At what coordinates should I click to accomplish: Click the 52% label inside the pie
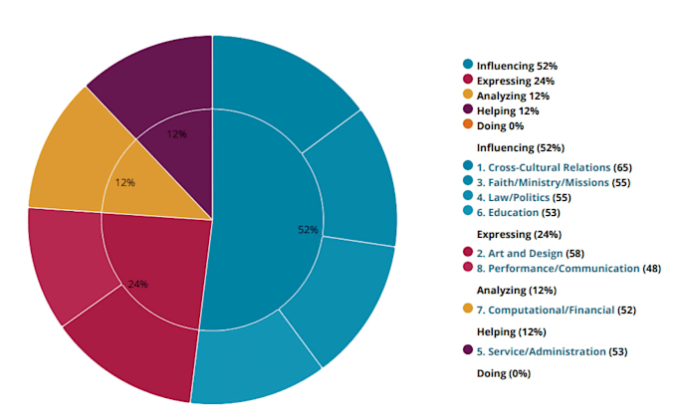tap(308, 230)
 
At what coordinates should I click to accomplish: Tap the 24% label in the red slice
tap(137, 284)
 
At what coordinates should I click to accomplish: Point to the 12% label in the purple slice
tap(176, 134)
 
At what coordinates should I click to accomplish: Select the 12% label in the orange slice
tap(124, 182)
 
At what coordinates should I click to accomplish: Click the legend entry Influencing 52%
tap(517, 66)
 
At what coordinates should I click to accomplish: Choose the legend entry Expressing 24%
tap(516, 81)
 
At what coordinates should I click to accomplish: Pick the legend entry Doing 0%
tap(500, 125)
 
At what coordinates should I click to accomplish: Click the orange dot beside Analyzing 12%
tap(468, 94)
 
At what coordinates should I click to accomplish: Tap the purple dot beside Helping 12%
tap(468, 108)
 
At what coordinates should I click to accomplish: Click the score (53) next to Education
tap(551, 212)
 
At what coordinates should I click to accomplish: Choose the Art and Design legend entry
tap(525, 253)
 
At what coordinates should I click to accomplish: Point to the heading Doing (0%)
tap(504, 373)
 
